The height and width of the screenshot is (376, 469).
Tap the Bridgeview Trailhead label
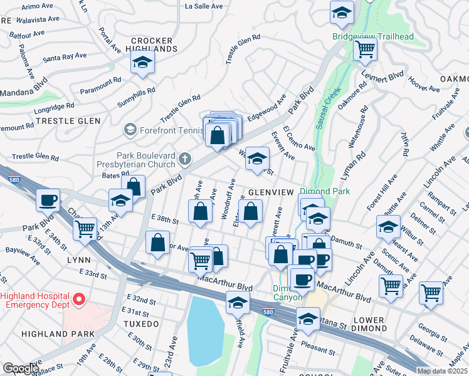373,37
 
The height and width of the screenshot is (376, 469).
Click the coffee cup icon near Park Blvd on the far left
48,201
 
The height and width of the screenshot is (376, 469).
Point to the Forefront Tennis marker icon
130,130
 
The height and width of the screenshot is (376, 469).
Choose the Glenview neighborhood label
271,192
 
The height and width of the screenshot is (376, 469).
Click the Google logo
21,368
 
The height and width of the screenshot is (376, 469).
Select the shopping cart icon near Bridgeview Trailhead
365,49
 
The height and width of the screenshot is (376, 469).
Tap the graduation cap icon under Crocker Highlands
143,62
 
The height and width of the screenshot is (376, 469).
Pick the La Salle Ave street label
204,6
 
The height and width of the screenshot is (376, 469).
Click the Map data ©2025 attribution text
443,371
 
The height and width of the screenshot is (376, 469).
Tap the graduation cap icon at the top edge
342,13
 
